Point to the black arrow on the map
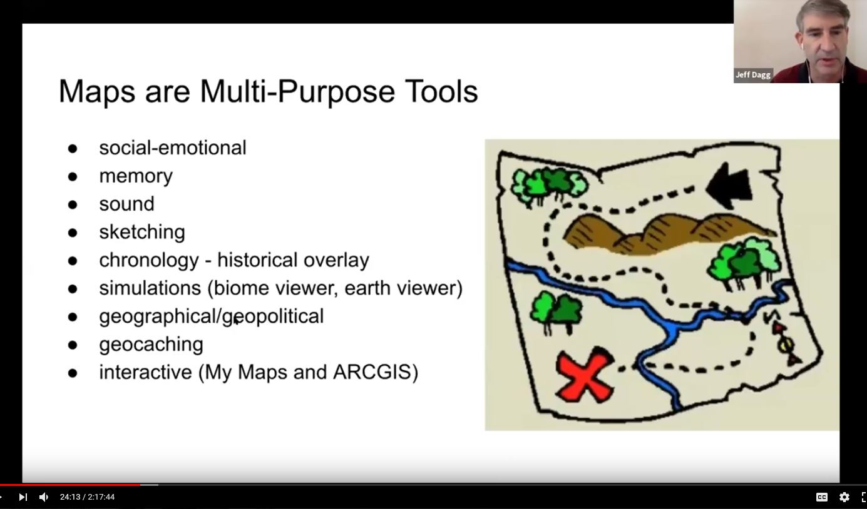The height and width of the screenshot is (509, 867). pos(729,186)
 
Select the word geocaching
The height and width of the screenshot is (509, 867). pos(151,345)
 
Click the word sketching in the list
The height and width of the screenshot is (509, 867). pos(142,232)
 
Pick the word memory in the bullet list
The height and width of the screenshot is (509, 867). pos(136,176)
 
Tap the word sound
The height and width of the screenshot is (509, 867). pos(126,204)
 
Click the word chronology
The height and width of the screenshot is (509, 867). pos(149,260)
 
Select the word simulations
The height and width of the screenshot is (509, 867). pos(150,288)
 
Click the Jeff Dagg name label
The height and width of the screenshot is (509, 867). pos(753,74)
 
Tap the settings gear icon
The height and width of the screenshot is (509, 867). pos(844,497)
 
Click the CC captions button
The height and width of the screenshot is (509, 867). pos(822,497)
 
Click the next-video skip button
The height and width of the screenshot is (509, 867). pos(23,497)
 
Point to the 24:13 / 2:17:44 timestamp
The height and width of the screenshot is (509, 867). pos(87,497)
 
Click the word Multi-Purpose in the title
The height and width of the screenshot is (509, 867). pos(297,92)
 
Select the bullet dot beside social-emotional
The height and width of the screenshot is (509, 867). pos(73,149)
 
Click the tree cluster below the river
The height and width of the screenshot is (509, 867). pos(555,312)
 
